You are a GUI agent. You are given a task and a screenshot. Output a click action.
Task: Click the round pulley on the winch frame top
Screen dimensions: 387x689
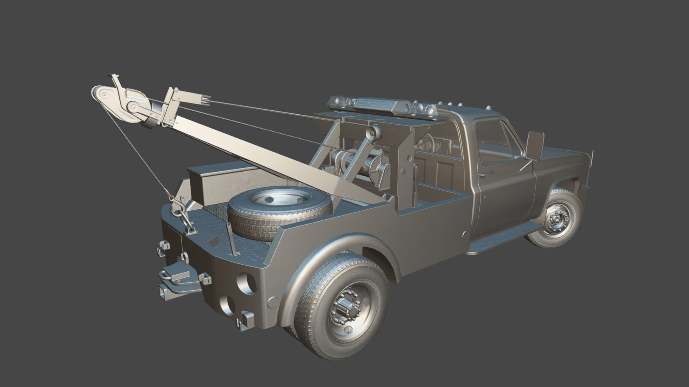[374, 134]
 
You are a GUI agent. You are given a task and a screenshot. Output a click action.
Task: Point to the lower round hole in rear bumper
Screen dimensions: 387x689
[227, 304]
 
